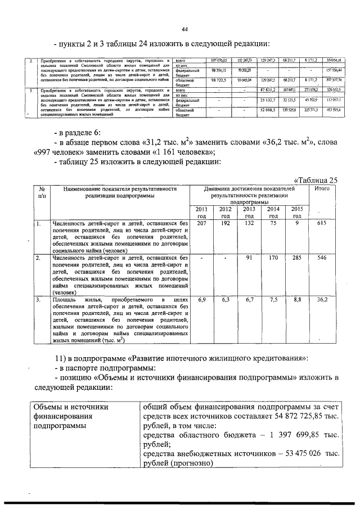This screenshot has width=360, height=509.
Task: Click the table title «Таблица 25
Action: point(314,180)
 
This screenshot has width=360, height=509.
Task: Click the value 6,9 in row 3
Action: point(202,300)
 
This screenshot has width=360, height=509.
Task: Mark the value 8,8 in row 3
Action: point(298,300)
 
